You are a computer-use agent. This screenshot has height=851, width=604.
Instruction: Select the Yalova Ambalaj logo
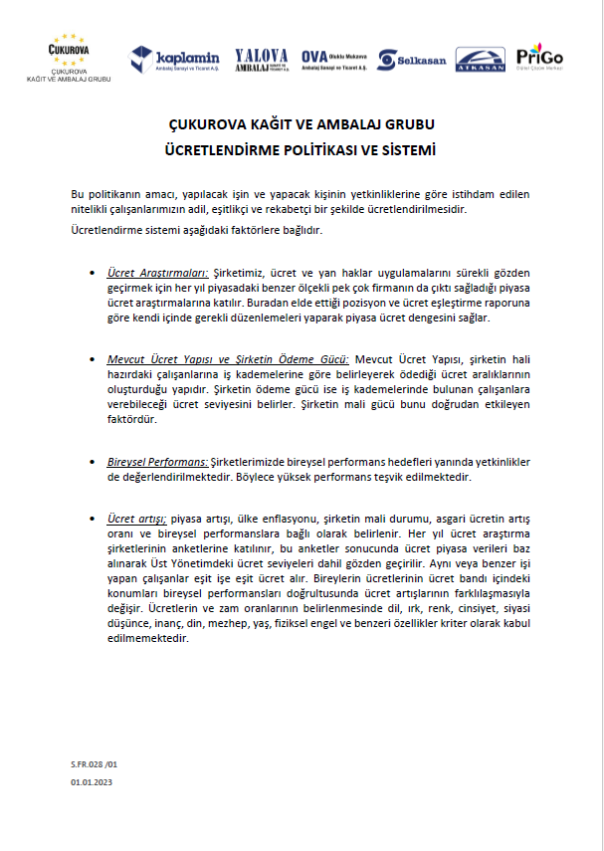pyautogui.click(x=262, y=60)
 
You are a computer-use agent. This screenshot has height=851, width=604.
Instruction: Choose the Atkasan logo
pyautogui.click(x=480, y=61)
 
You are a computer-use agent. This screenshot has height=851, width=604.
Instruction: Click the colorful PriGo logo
pyautogui.click(x=539, y=57)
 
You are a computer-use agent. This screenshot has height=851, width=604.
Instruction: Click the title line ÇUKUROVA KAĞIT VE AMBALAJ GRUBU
pyautogui.click(x=302, y=125)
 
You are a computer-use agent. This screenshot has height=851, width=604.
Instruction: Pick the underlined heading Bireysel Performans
pyautogui.click(x=157, y=462)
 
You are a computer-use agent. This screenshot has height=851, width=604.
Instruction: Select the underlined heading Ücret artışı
pyautogui.click(x=137, y=519)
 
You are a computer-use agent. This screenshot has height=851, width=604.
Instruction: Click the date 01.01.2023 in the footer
pyautogui.click(x=92, y=784)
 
